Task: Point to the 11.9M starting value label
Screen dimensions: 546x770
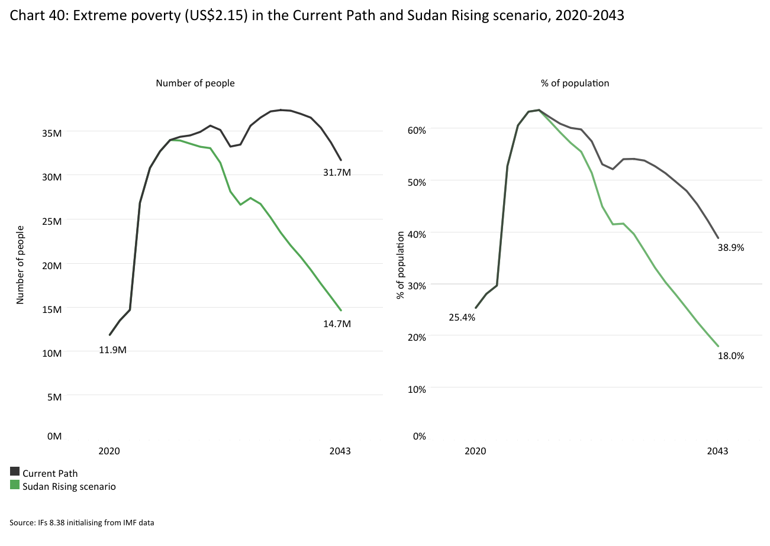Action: (112, 350)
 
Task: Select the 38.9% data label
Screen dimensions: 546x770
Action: (730, 248)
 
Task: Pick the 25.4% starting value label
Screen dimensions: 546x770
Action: (462, 317)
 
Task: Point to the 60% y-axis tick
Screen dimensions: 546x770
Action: (416, 130)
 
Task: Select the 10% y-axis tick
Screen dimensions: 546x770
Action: (416, 389)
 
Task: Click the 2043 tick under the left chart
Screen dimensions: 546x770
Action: (340, 451)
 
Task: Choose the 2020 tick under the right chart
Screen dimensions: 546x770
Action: (475, 451)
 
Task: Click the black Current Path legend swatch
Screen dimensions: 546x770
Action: (15, 471)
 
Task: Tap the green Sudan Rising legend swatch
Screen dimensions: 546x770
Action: (15, 485)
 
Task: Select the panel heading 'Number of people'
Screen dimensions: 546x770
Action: (195, 83)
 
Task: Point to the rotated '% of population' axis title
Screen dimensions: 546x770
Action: (401, 265)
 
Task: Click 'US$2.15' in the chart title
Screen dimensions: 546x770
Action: (218, 16)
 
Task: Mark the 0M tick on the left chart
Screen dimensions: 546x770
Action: (55, 437)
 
